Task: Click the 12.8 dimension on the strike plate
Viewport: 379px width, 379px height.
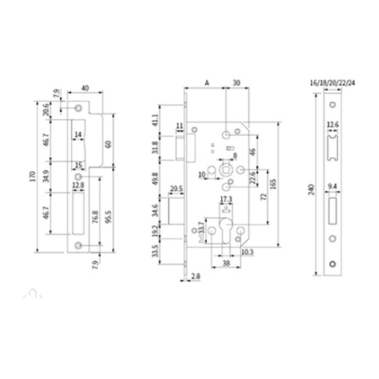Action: click(x=78, y=185)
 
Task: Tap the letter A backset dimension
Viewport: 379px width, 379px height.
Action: click(x=205, y=81)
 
